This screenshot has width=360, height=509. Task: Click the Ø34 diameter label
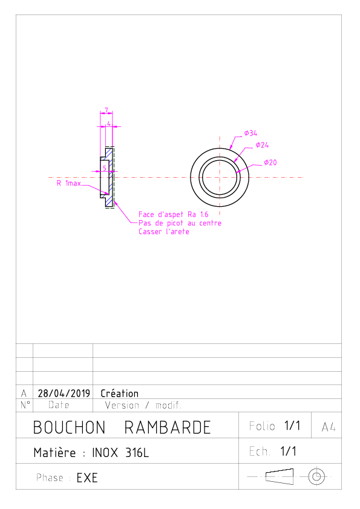click(250, 133)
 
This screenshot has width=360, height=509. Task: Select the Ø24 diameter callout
click(262, 145)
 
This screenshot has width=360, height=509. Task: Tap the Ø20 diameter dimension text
click(270, 162)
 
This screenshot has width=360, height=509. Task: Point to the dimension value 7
click(106, 111)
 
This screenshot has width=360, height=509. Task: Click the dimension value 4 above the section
click(109, 124)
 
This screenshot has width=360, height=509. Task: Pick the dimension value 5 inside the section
click(105, 168)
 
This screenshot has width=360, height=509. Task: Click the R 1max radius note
click(69, 183)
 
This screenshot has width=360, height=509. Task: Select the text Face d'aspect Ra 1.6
click(174, 215)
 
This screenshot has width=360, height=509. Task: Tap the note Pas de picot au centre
click(180, 223)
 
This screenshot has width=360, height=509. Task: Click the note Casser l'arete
click(164, 232)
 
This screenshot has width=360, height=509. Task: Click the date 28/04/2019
click(64, 394)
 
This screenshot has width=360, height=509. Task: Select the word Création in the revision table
click(120, 394)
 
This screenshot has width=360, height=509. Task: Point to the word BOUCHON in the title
click(69, 427)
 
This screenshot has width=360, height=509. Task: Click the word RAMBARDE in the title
click(168, 427)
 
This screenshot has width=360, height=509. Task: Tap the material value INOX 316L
click(120, 453)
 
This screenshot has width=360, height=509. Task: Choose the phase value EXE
click(87, 478)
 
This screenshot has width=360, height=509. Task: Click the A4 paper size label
click(329, 427)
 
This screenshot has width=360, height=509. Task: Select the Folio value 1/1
click(292, 426)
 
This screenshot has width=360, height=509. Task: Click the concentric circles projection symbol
click(316, 477)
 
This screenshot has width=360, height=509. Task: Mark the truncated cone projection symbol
click(280, 476)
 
